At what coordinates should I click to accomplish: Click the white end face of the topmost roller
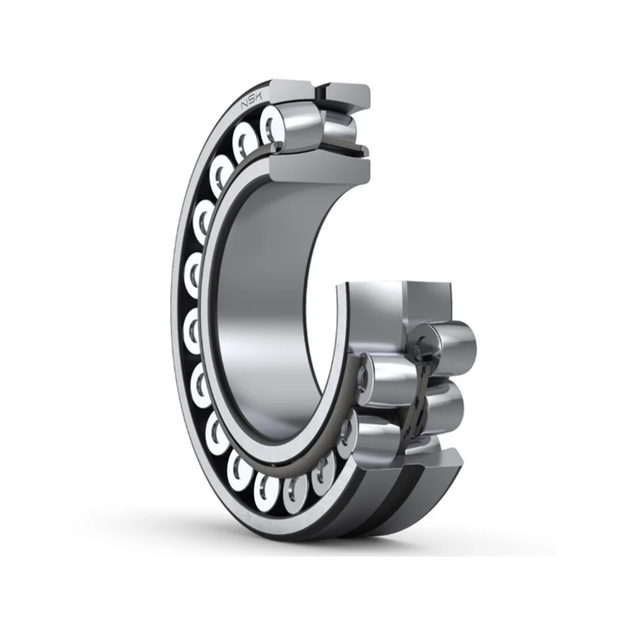click(x=271, y=124)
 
